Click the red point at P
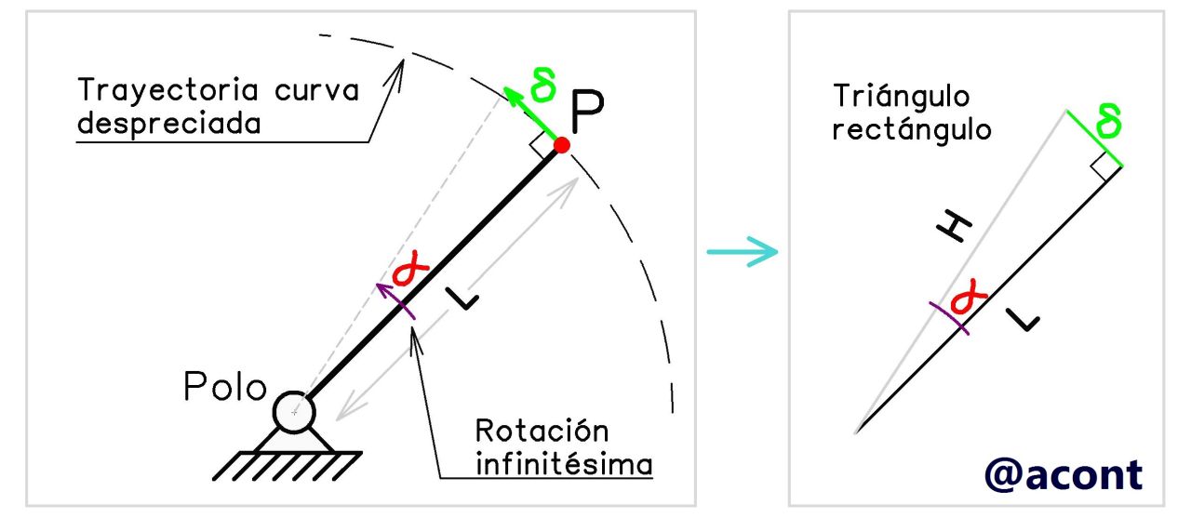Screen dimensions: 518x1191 click(561, 145)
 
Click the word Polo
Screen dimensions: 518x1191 click(225, 387)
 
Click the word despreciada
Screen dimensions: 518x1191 click(168, 124)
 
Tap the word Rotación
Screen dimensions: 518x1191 click(542, 432)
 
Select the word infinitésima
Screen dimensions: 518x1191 click(564, 462)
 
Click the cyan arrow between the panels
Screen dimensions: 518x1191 click(742, 251)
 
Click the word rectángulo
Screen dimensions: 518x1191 click(912, 129)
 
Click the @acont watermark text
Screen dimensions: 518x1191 click(1064, 474)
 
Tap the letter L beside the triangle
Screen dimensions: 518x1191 click(1024, 321)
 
